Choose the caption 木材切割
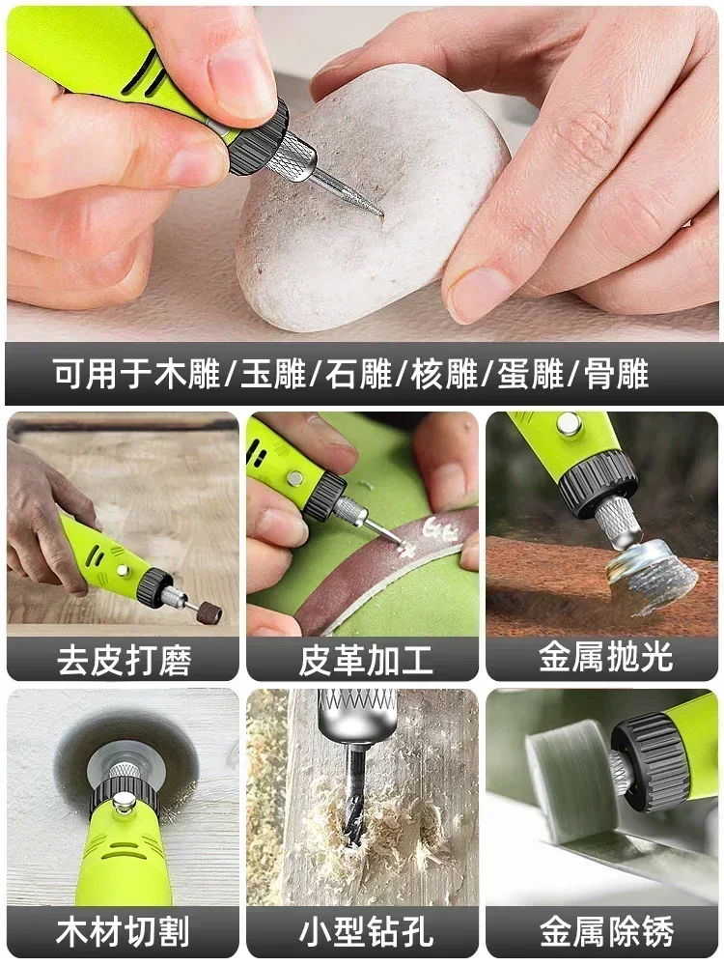point(123,932)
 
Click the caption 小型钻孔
point(362,932)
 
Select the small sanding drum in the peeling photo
point(206,611)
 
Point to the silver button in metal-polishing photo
point(569,423)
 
